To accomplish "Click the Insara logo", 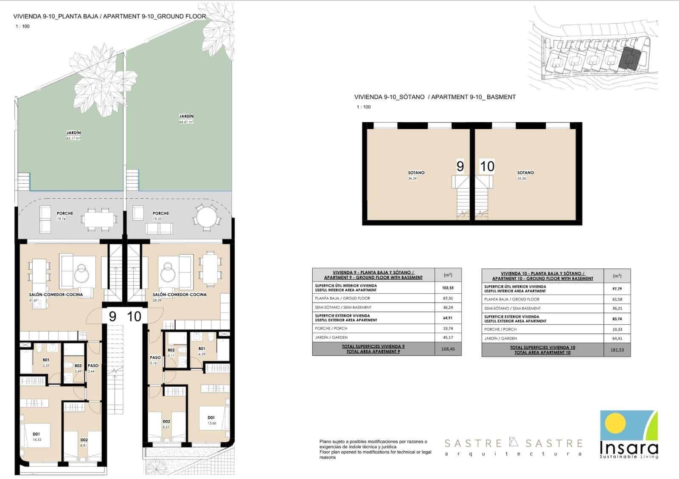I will point(629,434).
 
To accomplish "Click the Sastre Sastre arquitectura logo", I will point(513,447).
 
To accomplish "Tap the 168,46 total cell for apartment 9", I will point(448,349).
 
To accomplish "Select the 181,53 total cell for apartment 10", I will point(617,350).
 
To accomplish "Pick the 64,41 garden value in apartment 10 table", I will point(617,338).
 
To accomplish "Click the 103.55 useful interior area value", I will point(448,288).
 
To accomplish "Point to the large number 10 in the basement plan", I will point(487,166).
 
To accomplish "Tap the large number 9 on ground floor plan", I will point(112,317).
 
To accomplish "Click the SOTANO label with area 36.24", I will point(416,173).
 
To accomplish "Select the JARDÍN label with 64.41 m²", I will point(186,116).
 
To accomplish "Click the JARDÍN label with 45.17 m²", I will point(73,133).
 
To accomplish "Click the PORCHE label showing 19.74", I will point(65,214).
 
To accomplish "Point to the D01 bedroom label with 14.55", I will point(36,434).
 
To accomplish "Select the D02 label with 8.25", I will point(166,422).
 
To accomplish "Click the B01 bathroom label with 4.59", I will point(202,349).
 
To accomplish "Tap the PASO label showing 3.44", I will point(93,366).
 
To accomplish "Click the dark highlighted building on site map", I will point(628,59).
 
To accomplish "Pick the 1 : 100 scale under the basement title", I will point(363,107).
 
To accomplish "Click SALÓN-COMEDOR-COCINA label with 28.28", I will point(180,295).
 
